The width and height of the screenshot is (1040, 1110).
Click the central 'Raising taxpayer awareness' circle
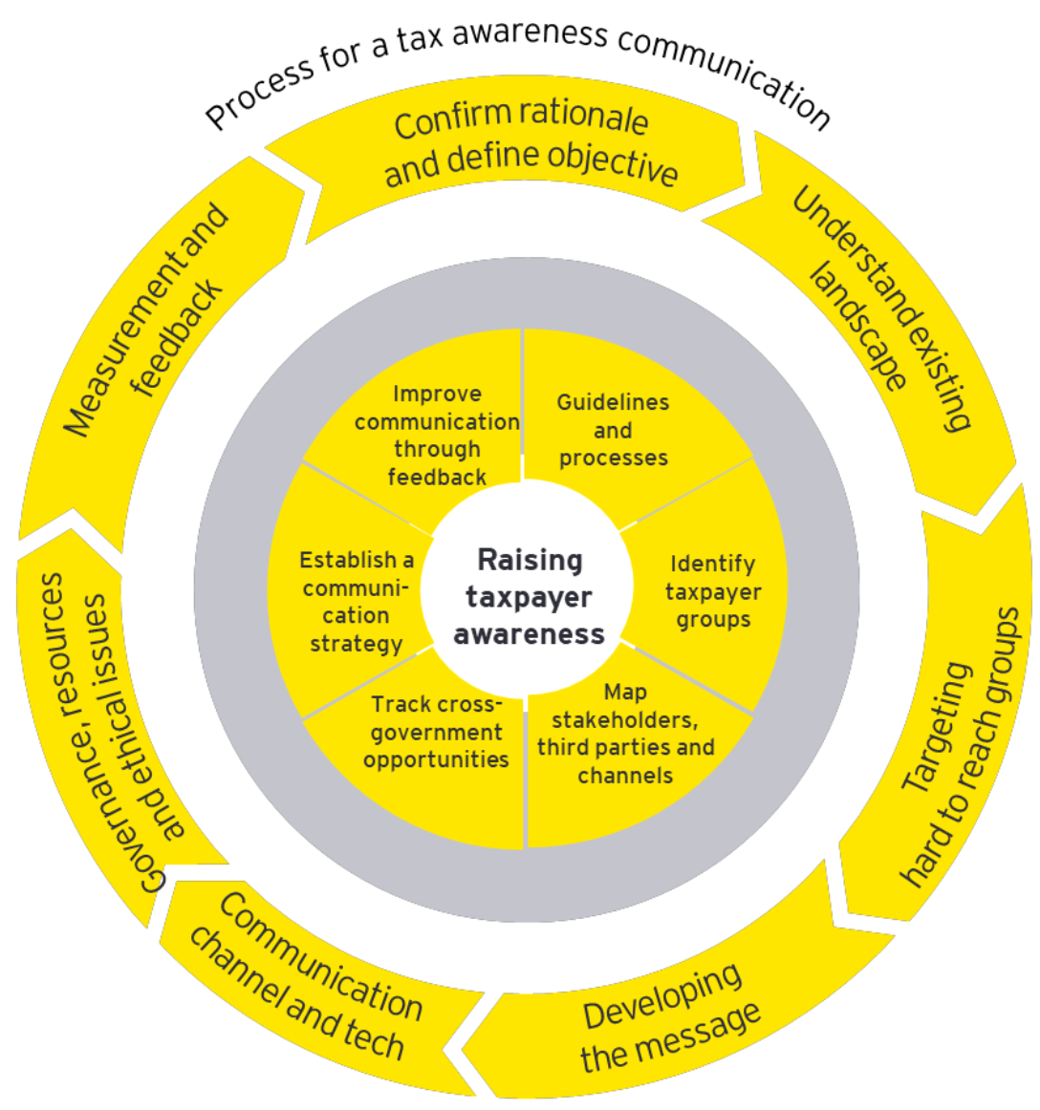click(x=528, y=596)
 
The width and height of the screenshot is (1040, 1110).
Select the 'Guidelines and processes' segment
click(x=613, y=430)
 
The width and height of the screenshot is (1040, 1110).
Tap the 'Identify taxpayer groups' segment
click(x=712, y=591)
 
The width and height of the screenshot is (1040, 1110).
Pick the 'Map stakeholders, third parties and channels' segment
click(x=625, y=734)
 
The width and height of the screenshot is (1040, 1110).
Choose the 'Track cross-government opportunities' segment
click(x=436, y=732)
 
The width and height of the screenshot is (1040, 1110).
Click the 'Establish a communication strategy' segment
click(x=355, y=602)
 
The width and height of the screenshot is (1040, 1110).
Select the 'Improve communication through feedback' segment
click(x=437, y=435)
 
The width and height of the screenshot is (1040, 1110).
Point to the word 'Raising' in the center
click(x=530, y=560)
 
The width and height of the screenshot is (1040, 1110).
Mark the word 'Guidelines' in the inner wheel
click(x=613, y=402)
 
